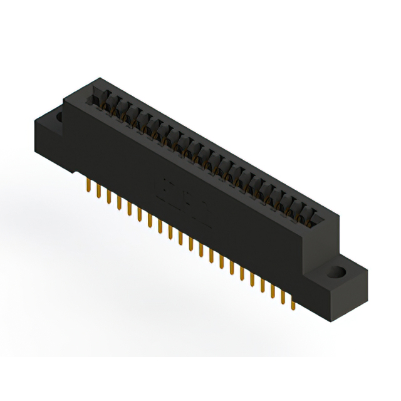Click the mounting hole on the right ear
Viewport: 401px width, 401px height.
[338, 273]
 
